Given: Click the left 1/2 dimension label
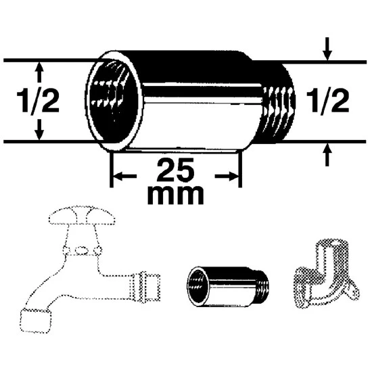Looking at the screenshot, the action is [38, 101].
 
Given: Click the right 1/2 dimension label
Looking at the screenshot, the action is [327, 101].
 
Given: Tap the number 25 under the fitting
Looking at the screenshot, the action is [176, 170].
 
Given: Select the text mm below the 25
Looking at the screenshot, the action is [176, 195].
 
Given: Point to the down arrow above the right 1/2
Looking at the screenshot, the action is [327, 49].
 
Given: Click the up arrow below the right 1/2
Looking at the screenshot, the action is [327, 155].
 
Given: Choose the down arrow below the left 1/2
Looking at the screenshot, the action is [39, 130].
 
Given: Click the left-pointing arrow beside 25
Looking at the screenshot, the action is [125, 176].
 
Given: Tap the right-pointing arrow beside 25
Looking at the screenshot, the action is [227, 176].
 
